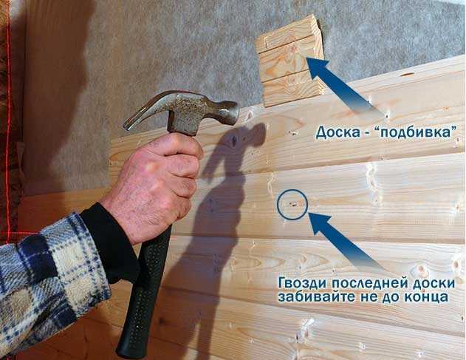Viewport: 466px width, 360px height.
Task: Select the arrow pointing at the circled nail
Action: tap(348, 242)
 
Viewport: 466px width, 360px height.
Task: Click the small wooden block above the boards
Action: tap(289, 61)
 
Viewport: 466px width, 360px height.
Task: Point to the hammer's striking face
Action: tap(235, 112)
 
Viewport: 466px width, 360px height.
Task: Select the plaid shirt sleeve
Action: tap(50, 282)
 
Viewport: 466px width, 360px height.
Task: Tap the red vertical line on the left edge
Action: tap(8, 119)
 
